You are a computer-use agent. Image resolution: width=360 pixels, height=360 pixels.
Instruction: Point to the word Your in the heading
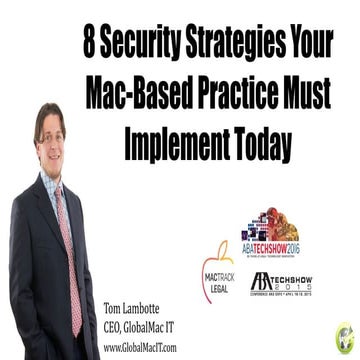(309, 45)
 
